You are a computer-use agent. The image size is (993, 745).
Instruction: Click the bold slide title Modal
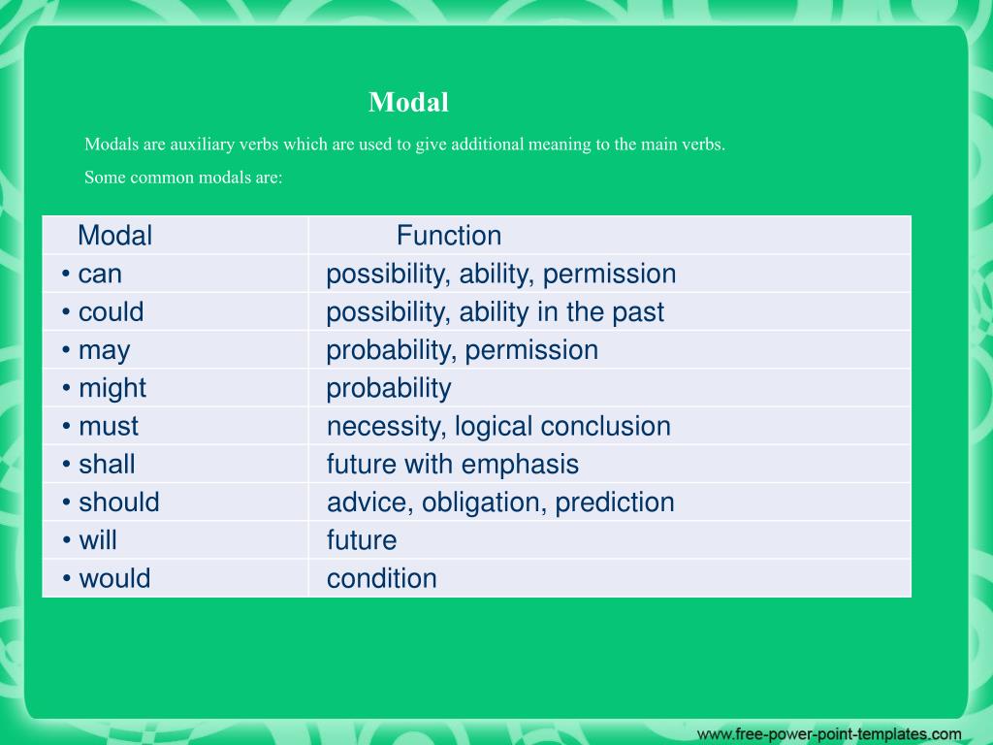click(408, 102)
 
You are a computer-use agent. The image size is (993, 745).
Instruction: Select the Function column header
click(449, 236)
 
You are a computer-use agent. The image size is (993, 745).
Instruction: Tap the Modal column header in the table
click(114, 236)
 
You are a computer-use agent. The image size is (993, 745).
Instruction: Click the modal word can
click(100, 275)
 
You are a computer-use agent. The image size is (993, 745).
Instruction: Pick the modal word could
click(111, 311)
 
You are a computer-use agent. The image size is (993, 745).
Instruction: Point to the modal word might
click(112, 389)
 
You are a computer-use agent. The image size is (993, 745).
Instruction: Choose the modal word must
click(109, 427)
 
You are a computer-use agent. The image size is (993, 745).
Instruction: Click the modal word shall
click(107, 464)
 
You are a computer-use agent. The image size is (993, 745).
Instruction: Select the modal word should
click(119, 502)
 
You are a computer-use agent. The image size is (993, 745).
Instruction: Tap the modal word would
click(114, 578)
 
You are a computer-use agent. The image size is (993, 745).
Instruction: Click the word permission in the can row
click(609, 275)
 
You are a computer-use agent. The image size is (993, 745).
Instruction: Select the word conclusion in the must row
click(607, 427)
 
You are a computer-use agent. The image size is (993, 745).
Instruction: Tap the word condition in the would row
click(382, 578)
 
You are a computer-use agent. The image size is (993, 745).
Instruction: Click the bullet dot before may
click(66, 349)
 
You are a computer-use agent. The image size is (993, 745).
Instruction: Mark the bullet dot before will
click(66, 539)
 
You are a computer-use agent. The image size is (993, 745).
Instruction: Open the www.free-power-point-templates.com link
click(829, 734)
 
